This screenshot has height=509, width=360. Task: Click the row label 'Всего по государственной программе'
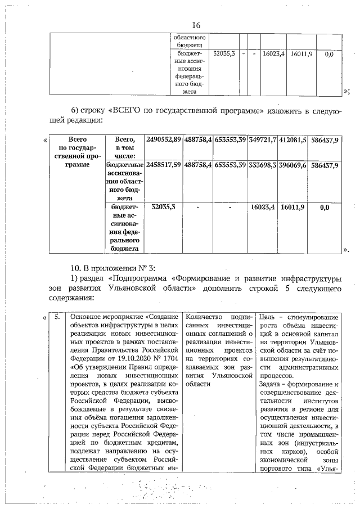coord(76,152)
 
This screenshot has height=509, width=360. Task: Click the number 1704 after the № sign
coord(169,358)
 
